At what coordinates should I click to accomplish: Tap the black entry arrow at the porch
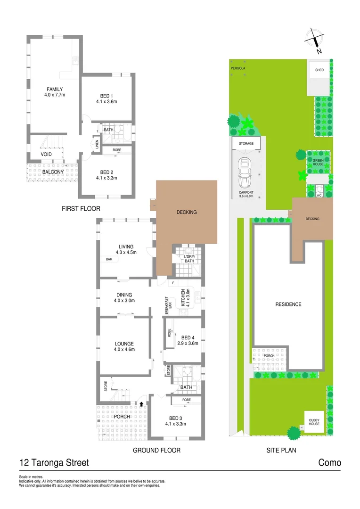141,403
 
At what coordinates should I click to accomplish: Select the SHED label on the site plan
319,70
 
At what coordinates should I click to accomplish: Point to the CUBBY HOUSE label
314,422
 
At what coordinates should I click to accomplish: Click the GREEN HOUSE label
319,162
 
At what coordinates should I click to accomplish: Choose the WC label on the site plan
319,195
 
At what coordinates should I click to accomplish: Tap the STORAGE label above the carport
246,143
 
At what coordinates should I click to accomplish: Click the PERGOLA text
238,68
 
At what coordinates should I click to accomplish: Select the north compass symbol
315,39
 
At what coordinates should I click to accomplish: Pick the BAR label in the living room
109,259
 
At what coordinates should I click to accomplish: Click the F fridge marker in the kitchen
173,283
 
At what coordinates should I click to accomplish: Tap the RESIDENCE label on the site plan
288,304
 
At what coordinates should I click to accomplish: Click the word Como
330,463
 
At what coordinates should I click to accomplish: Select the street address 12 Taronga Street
54,463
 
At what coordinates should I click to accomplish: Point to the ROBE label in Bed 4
169,332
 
